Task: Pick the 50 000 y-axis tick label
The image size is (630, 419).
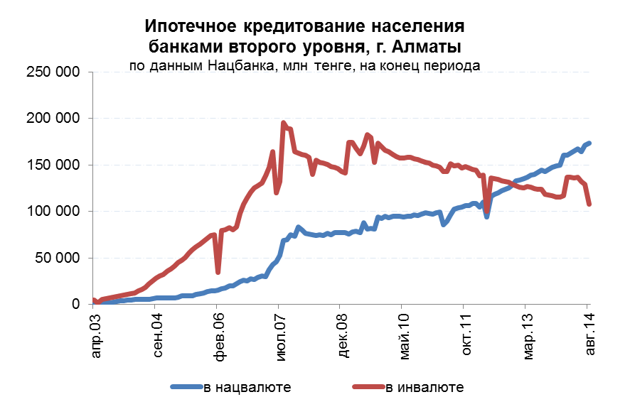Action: (x=53, y=258)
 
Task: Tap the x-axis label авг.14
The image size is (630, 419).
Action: (x=588, y=335)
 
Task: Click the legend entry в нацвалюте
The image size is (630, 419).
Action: (x=247, y=387)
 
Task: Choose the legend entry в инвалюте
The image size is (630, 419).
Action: (x=425, y=387)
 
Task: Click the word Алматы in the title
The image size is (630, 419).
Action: (x=427, y=47)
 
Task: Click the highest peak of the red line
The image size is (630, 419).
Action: (x=283, y=123)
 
